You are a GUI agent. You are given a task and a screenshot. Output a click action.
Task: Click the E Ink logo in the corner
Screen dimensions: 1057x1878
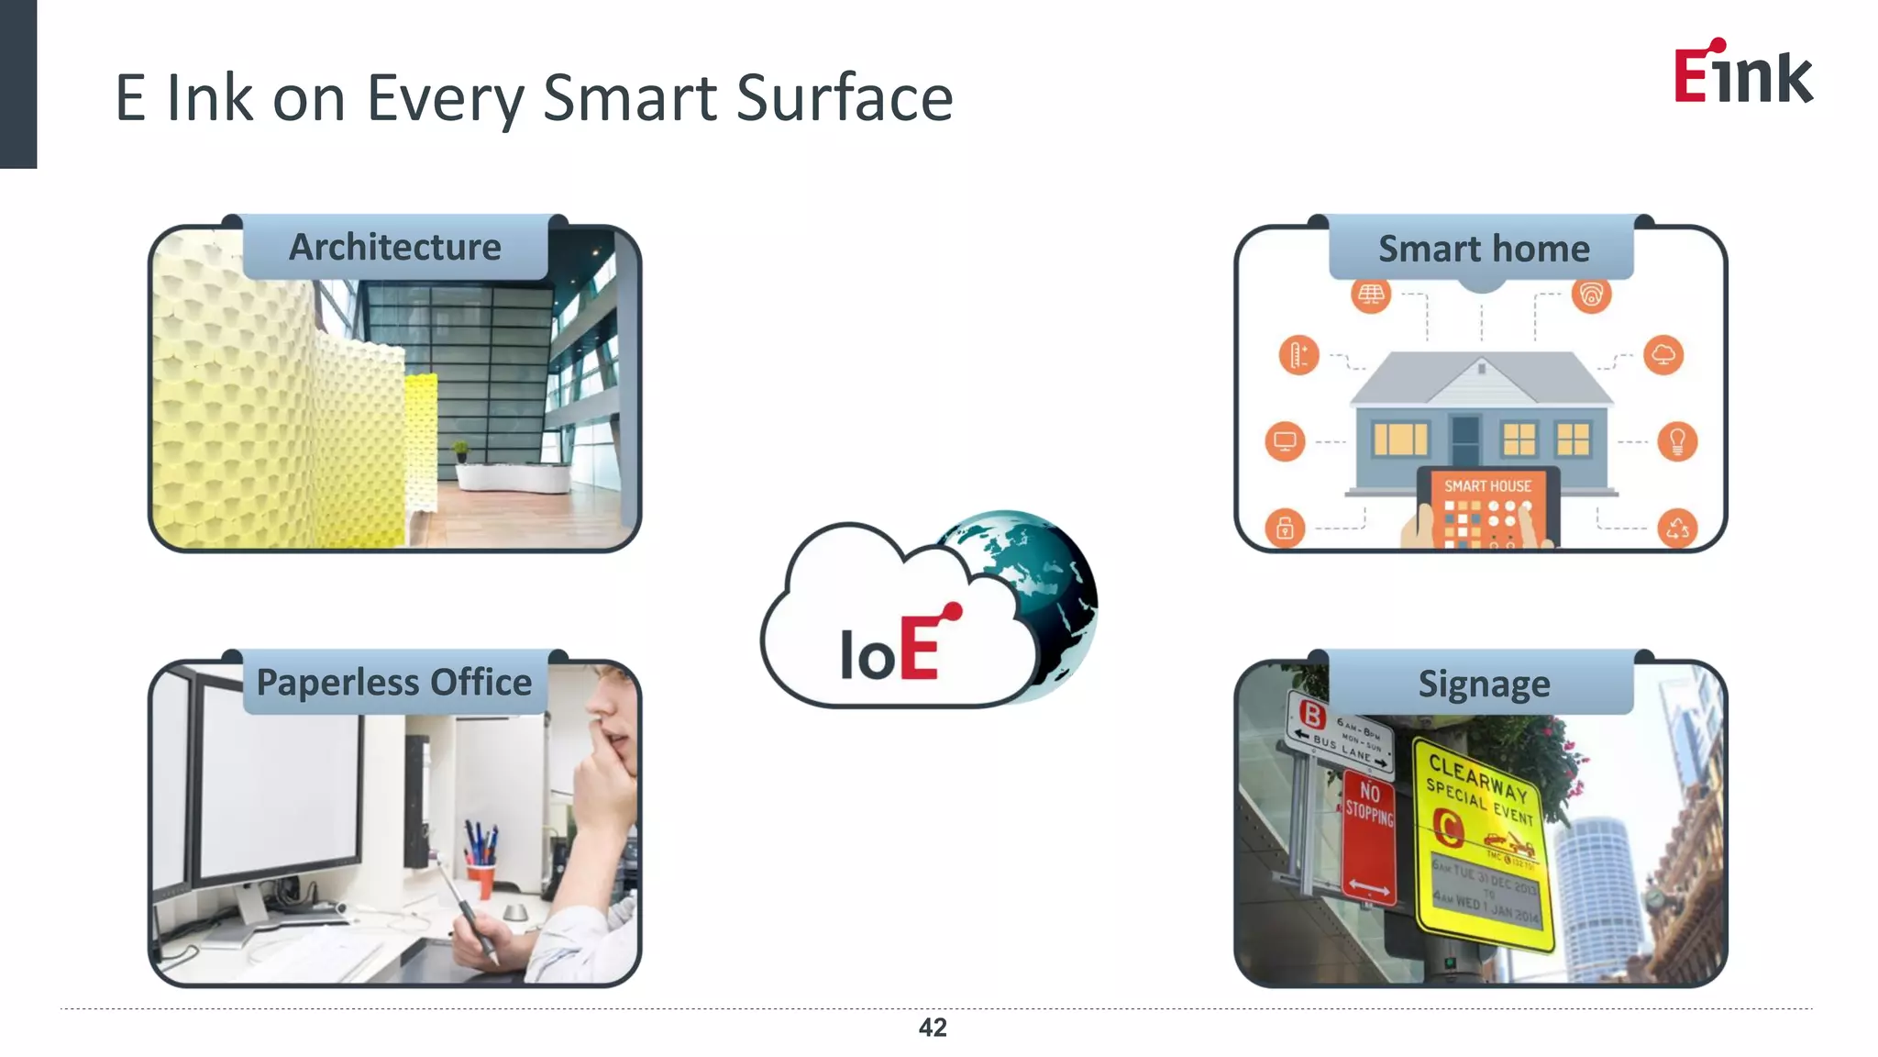pyautogui.click(x=1742, y=72)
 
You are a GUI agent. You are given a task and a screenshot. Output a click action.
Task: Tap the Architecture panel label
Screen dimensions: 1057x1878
pyautogui.click(x=395, y=248)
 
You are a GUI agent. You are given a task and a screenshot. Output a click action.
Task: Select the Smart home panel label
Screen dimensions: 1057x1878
pyautogui.click(x=1483, y=250)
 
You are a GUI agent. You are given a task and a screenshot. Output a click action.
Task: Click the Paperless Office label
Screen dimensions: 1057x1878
pyautogui.click(x=394, y=683)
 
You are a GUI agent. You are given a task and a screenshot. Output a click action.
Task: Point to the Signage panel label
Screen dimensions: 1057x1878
pyautogui.click(x=1484, y=684)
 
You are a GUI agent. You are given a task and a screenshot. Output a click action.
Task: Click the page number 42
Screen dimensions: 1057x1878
pyautogui.click(x=933, y=1028)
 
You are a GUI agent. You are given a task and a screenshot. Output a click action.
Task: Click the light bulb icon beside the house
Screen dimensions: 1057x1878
pyautogui.click(x=1677, y=441)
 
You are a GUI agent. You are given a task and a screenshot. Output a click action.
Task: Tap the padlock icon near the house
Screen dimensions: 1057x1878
pyautogui.click(x=1285, y=528)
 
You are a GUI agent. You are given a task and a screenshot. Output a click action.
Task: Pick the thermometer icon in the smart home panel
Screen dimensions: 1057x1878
pyautogui.click(x=1298, y=355)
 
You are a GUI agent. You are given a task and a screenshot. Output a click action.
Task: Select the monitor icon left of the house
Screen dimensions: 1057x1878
pyautogui.click(x=1285, y=441)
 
